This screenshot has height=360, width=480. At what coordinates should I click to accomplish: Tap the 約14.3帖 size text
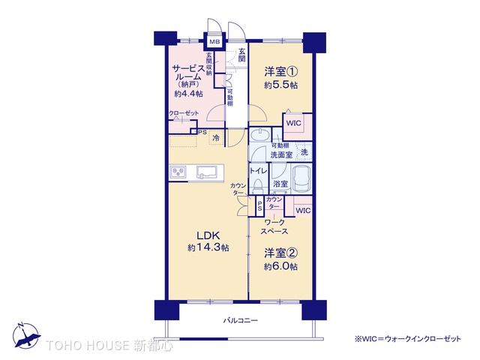(208, 248)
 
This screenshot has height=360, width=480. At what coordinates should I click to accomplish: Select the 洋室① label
(280, 73)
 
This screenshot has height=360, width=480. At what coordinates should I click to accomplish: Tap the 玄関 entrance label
(242, 55)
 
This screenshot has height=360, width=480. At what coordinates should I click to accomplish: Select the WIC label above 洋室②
(302, 211)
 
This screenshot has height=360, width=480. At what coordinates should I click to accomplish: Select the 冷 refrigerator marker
(216, 138)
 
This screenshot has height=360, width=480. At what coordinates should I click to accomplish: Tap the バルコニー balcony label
(240, 320)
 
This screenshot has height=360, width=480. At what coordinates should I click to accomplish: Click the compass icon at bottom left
(24, 334)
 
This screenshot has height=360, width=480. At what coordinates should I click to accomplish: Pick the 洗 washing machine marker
(304, 152)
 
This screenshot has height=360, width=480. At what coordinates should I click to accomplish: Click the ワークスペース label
(274, 226)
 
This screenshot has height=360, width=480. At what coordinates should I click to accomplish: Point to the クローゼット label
(184, 113)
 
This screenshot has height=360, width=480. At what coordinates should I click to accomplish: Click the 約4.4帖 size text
(188, 94)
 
